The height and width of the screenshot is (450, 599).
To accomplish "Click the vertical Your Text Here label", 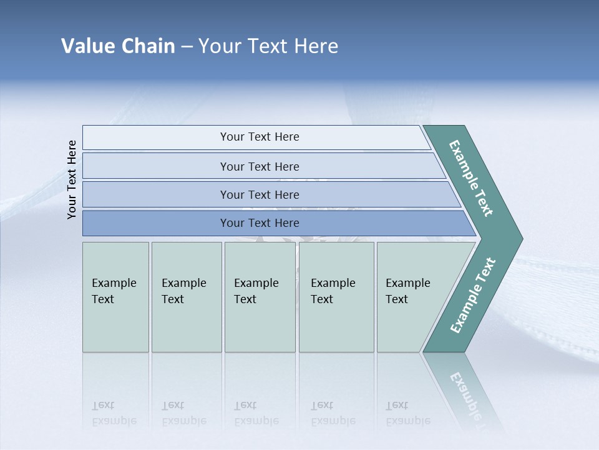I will pos(72,179).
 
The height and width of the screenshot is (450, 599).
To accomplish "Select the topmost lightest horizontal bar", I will pos(259,137).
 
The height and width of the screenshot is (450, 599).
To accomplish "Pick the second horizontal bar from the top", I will pos(259,166).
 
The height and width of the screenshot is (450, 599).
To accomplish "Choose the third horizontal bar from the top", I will pos(259,194).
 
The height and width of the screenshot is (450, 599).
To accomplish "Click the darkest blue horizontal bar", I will pos(259,223).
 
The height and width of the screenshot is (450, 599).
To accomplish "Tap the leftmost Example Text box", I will pos(115,297).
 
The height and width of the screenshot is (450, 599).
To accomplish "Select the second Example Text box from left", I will pos(186,297).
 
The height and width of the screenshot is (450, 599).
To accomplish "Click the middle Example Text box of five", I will pos(260,297).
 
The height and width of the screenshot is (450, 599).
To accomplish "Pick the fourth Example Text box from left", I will pos(336,297).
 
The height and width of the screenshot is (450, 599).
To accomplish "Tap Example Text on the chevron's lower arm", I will pos(473,296).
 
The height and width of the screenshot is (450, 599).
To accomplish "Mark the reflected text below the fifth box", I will pos(407,413).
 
